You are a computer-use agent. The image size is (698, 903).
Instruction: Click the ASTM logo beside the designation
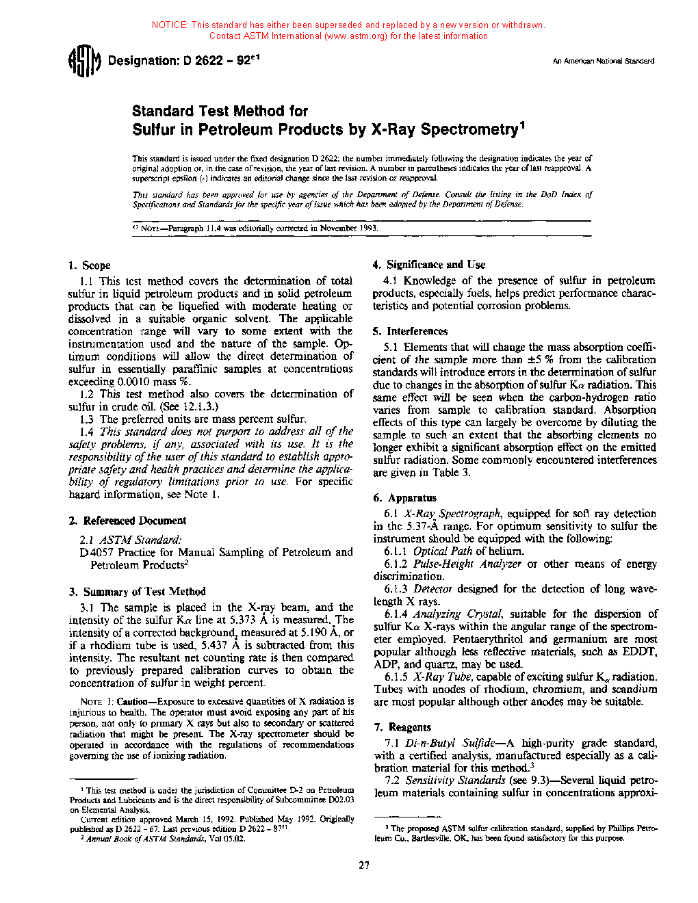pos(84,62)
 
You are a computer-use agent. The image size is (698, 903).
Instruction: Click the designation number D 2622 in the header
pos(203,61)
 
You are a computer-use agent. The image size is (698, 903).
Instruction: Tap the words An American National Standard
pos(603,61)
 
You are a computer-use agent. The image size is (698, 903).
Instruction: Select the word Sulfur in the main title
pos(153,129)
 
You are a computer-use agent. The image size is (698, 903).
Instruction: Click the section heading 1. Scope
pos(90,265)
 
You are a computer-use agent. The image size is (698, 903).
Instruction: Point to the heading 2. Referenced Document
pos(127,521)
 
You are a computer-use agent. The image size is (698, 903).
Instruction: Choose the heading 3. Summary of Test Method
pos(137,592)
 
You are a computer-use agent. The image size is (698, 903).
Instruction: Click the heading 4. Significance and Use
pos(429,265)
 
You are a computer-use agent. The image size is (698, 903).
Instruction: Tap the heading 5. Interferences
pos(410,331)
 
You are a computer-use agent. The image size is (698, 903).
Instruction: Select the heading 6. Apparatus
pos(405,498)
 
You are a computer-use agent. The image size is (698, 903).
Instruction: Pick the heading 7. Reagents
pos(403,727)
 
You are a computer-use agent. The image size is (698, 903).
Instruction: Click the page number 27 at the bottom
pos(363,865)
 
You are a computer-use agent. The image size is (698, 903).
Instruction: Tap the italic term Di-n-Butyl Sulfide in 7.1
pos(450,743)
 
